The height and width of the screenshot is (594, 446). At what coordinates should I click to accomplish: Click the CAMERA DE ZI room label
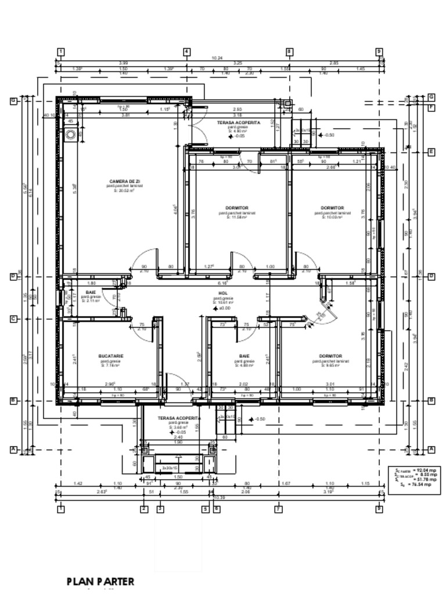(x=124, y=182)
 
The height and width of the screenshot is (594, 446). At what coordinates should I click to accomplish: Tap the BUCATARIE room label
(x=110, y=356)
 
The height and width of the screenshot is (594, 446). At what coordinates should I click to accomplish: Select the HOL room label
(x=222, y=294)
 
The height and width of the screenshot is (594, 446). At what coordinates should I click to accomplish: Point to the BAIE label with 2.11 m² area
(x=91, y=292)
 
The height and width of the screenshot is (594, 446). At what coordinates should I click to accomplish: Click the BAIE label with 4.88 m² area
(x=244, y=356)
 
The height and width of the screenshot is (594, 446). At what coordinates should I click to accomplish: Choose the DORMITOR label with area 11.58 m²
(x=237, y=208)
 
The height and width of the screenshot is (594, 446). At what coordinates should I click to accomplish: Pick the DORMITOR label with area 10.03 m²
(x=332, y=208)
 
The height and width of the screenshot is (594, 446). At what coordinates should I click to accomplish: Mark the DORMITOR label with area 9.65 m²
(x=330, y=356)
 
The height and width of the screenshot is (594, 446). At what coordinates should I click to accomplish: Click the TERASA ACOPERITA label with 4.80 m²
(x=239, y=123)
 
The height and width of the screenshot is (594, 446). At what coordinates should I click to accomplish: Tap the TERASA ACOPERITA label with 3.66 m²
(x=179, y=418)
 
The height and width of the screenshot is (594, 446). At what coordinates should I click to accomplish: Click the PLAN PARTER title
(x=100, y=581)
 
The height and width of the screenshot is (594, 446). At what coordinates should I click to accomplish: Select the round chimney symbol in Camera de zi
(x=71, y=135)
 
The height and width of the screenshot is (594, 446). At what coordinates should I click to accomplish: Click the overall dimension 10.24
(x=217, y=58)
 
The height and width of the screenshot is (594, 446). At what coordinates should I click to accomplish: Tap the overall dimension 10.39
(x=220, y=497)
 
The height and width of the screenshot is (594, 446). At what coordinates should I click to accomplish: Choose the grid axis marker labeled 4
(x=186, y=52)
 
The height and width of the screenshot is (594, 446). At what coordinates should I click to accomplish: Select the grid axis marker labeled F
(x=431, y=107)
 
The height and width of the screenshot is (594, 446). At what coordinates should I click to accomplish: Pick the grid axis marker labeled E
(x=431, y=152)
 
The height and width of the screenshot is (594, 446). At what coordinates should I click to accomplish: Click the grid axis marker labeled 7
(x=278, y=509)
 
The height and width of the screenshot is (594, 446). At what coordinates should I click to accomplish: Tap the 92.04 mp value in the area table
(x=424, y=470)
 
